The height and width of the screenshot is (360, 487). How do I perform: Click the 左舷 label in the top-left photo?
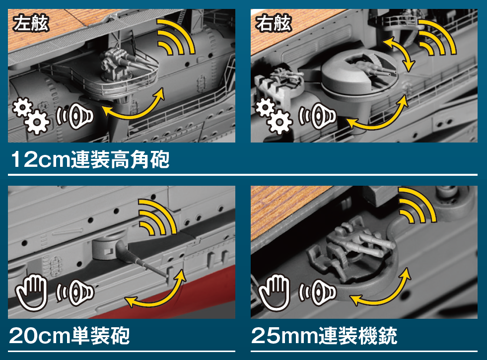click(x=31, y=23)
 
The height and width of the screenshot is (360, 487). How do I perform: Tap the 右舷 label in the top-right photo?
click(x=274, y=23)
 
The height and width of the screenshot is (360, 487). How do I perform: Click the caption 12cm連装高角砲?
click(x=90, y=160)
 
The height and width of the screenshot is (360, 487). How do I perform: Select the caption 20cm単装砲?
click(x=70, y=336)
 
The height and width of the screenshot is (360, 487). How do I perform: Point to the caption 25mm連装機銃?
click(x=324, y=336)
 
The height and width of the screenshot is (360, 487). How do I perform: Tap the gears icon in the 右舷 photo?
click(x=274, y=116)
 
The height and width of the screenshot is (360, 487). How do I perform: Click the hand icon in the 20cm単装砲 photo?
click(x=31, y=292)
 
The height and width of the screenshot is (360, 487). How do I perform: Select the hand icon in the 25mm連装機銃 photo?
click(x=274, y=292)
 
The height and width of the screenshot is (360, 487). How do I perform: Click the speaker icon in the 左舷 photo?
click(x=75, y=116)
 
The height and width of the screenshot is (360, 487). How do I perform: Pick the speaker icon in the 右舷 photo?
click(x=317, y=116)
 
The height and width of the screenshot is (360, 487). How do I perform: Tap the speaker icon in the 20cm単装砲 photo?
click(x=75, y=292)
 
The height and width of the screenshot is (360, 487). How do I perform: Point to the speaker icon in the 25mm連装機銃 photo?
click(x=317, y=292)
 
